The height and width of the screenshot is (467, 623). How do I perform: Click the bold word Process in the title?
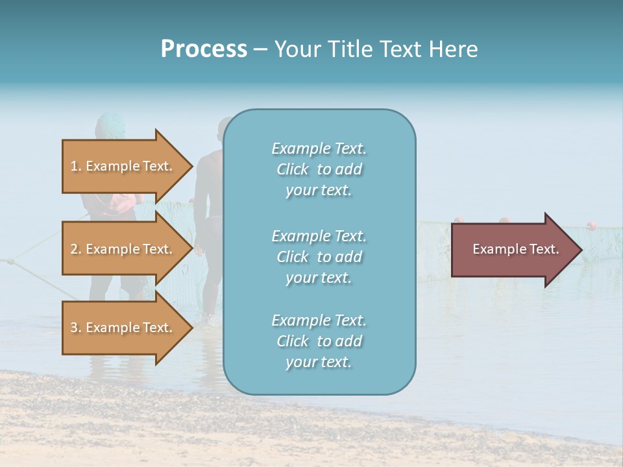tap(204, 49)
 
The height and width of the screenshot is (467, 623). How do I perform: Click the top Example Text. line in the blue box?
tap(319, 149)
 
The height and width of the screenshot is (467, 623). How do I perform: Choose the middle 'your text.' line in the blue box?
tap(319, 278)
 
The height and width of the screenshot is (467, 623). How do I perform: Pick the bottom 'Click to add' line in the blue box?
tap(319, 341)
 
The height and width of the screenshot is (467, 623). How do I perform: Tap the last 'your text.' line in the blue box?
tap(319, 362)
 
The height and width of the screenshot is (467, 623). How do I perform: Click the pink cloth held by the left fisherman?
tap(120, 202)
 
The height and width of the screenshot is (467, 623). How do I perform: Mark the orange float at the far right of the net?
tap(591, 226)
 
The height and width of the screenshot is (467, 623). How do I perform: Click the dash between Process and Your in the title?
tap(260, 49)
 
